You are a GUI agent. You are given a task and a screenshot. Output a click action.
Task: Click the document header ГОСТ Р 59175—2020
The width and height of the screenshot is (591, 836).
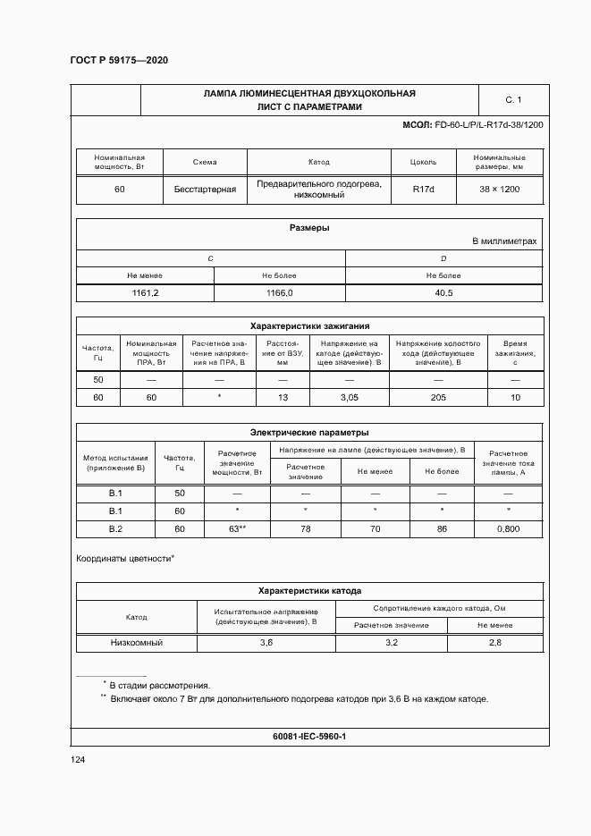pos(119,60)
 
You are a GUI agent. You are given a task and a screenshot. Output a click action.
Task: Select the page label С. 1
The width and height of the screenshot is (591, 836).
pos(512,99)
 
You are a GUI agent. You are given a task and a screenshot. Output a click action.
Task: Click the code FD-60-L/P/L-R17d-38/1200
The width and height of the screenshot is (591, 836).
pos(488,125)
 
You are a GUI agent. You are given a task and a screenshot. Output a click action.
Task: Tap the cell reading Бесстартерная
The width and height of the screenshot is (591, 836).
pos(205,190)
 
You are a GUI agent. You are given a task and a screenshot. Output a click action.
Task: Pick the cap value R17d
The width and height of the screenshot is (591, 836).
pos(423,190)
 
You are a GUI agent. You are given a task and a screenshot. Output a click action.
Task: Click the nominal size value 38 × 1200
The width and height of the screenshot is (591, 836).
pos(498,190)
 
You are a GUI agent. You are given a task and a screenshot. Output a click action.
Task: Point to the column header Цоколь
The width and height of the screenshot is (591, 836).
pos(423,163)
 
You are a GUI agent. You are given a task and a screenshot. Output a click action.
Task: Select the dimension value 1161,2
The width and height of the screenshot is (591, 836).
pos(145,293)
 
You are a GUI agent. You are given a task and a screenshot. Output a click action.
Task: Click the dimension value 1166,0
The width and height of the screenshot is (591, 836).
pos(279,293)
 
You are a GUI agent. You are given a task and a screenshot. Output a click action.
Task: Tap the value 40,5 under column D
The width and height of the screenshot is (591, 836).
pos(443,293)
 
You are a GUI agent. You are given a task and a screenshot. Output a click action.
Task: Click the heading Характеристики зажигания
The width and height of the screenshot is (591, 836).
pos(309,326)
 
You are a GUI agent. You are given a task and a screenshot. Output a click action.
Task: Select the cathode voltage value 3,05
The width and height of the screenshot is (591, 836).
pos(349,396)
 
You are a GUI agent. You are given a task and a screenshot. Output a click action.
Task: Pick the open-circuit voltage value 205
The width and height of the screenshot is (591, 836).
pos(438,396)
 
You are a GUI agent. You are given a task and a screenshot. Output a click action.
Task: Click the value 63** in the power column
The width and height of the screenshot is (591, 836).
pos(237,529)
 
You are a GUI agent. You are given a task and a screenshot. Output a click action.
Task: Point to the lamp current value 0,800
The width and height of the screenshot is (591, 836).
pos(508,529)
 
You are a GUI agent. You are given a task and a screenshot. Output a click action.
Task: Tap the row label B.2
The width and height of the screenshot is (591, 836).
pos(115,529)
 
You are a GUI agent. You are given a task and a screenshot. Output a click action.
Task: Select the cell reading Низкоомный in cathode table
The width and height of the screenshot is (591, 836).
pos(137,643)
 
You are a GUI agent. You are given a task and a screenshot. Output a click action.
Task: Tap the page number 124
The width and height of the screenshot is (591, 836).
pos(78,760)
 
